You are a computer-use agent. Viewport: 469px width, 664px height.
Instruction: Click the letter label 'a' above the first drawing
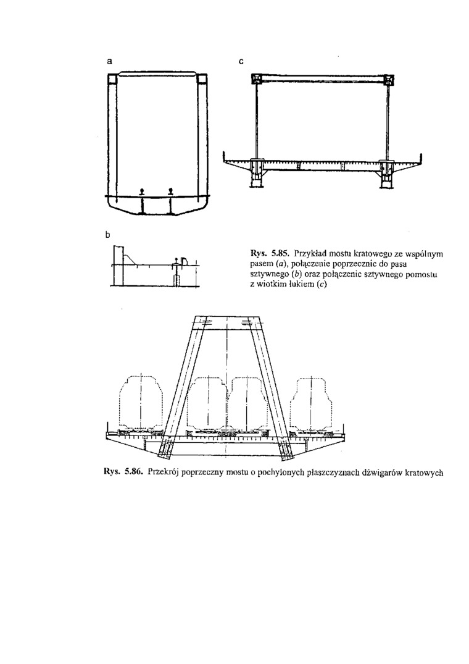click(109, 61)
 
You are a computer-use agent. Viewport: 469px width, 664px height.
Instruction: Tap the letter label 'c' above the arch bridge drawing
click(241, 61)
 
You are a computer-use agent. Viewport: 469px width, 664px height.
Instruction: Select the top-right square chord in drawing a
click(202, 79)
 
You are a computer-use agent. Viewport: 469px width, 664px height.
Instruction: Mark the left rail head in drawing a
click(142, 191)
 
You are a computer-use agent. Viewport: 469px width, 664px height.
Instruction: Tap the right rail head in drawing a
click(170, 191)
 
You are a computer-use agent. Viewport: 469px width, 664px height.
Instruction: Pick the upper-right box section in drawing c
click(389, 80)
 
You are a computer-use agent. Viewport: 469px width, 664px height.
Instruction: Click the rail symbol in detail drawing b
click(177, 261)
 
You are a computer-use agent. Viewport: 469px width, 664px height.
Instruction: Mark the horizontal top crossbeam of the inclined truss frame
click(227, 322)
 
